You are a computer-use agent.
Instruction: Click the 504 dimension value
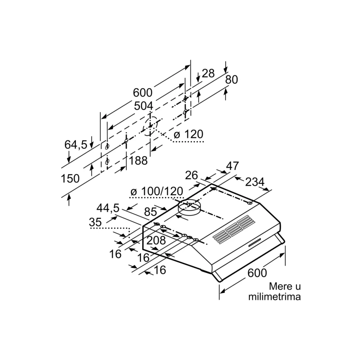click(x=143, y=106)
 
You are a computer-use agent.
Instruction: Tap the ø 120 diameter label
click(x=188, y=134)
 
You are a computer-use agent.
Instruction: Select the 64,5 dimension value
click(x=75, y=145)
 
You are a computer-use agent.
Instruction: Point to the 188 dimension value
click(x=138, y=161)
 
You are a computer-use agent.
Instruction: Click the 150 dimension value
click(x=70, y=178)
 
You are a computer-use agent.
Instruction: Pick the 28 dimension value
click(x=208, y=74)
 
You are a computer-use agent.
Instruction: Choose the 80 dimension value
click(x=231, y=80)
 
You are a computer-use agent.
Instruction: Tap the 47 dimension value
click(x=233, y=166)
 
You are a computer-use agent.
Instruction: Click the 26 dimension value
click(x=191, y=175)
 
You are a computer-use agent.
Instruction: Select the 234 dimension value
click(x=255, y=182)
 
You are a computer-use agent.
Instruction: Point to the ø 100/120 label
click(x=157, y=191)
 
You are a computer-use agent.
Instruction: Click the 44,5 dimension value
click(x=108, y=208)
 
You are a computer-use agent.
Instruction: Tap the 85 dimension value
click(x=151, y=212)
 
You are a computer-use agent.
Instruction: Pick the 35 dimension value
click(x=95, y=222)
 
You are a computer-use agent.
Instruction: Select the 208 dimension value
click(x=156, y=240)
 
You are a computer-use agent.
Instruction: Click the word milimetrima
click(x=275, y=296)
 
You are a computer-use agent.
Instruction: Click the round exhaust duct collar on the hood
click(x=189, y=207)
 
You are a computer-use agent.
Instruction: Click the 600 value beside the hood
click(x=257, y=273)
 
